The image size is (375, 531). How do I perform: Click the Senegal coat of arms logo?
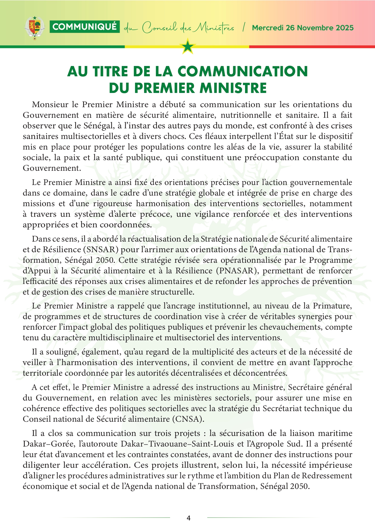coord(35,28)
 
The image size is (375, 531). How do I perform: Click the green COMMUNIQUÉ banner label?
coord(85,27)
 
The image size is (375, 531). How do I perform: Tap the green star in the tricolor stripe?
coord(188,47)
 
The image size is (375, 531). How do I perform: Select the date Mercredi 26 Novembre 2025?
coord(303,28)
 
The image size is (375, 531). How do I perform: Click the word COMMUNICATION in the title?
coord(243,71)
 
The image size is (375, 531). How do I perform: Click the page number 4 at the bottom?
coord(189,518)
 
